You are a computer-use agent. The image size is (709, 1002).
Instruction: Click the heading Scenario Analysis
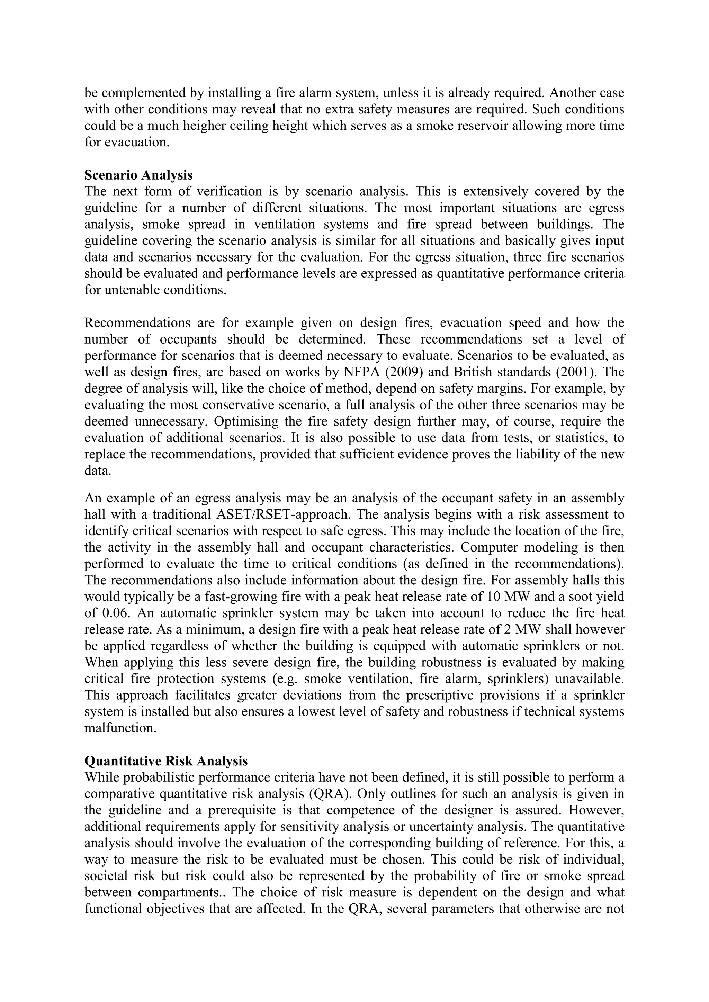pyautogui.click(x=138, y=175)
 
